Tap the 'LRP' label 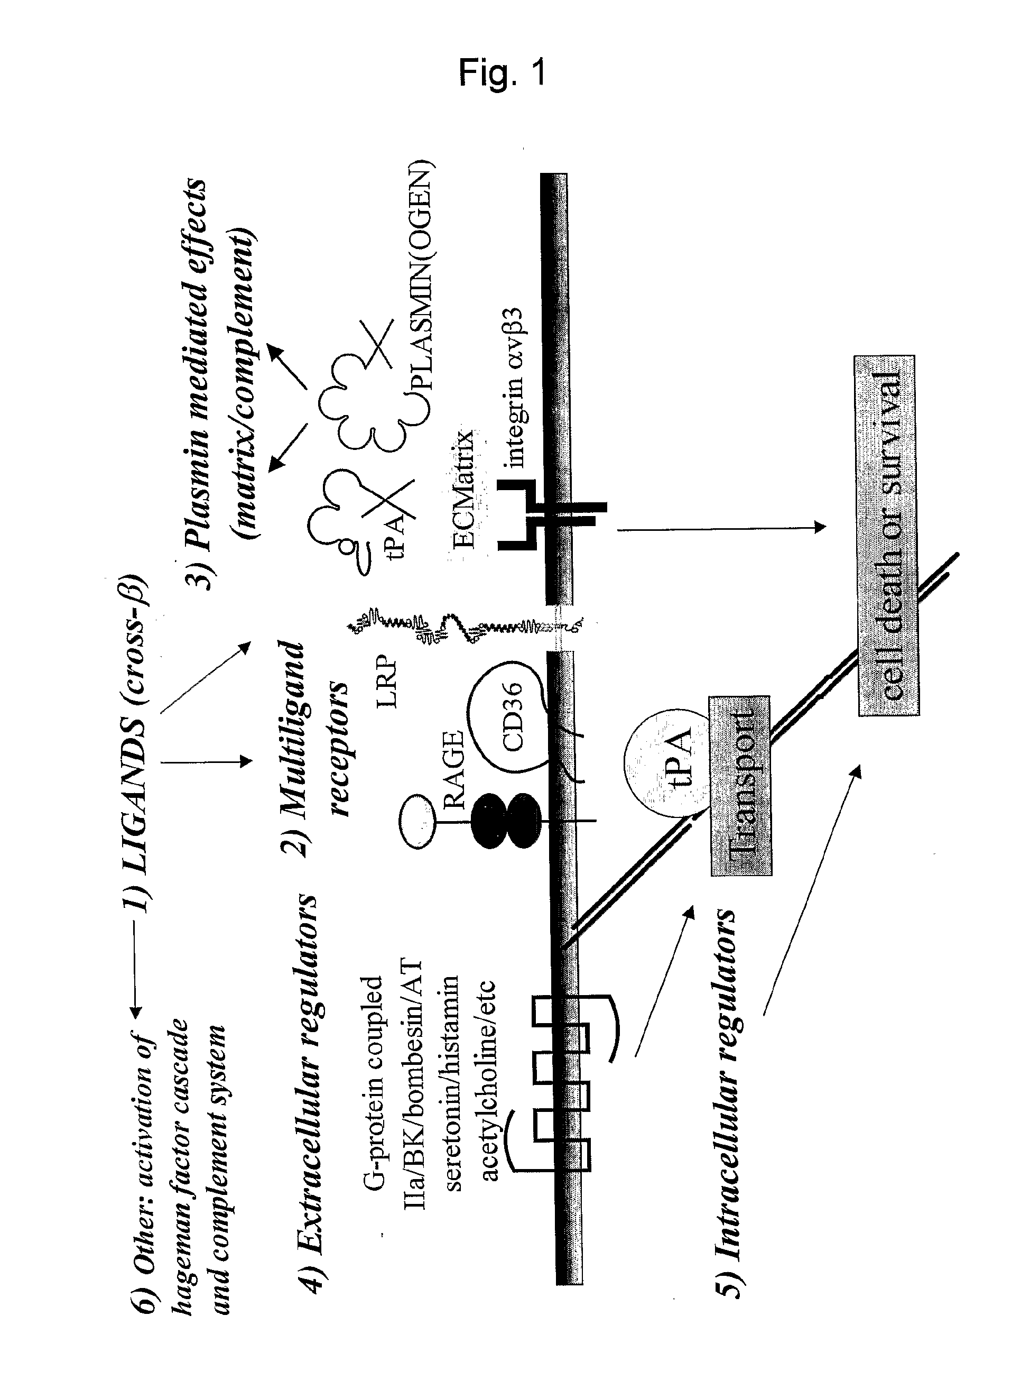coord(387,680)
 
